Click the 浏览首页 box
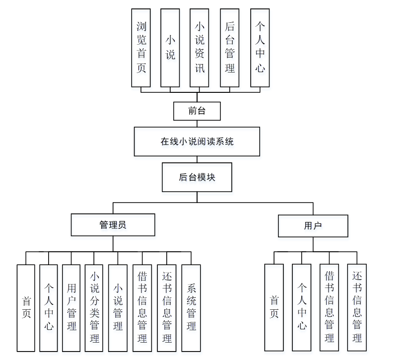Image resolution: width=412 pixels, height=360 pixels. (141, 48)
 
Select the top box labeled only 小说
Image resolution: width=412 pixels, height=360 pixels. (170, 48)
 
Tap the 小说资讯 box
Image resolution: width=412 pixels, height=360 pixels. (200, 48)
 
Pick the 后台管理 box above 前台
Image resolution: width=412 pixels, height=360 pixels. (229, 48)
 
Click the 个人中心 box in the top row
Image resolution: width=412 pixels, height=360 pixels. (260, 48)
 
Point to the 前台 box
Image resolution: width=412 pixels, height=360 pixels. (197, 111)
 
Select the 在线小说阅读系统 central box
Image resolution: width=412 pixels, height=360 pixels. (197, 142)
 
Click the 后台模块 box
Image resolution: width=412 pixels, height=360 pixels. (197, 177)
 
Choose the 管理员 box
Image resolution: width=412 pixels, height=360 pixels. (113, 225)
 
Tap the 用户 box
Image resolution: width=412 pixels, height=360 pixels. (313, 226)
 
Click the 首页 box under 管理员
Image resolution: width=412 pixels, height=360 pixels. (26, 308)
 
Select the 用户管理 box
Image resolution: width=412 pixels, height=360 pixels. (71, 308)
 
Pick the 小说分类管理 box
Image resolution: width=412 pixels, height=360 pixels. (94, 308)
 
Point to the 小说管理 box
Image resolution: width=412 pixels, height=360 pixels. (118, 308)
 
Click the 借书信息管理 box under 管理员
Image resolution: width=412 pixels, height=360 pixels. (142, 308)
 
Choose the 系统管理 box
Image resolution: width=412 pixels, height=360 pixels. (191, 308)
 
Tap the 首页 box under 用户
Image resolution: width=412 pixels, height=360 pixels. (274, 307)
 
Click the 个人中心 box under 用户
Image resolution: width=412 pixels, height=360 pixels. (302, 307)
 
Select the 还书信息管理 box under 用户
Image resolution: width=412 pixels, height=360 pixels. (357, 307)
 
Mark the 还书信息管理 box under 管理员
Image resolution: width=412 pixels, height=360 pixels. (167, 308)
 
